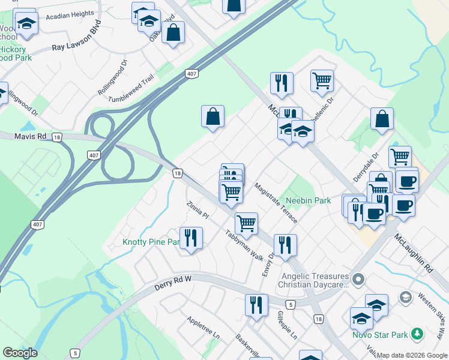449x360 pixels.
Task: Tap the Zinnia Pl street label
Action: (197, 210)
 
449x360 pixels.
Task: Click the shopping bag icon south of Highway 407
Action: (212, 116)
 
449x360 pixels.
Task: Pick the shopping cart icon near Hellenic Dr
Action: (322, 80)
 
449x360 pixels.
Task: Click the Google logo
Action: (20, 353)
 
